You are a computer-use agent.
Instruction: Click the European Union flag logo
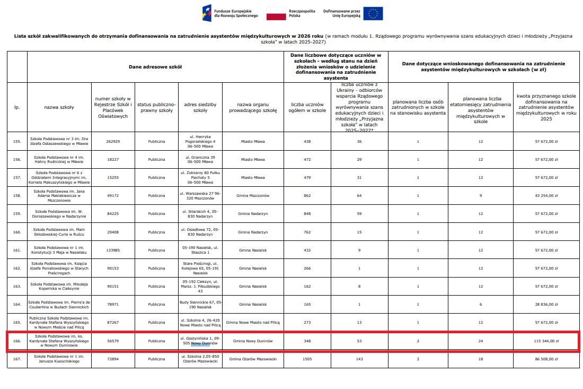pyautogui.click(x=374, y=14)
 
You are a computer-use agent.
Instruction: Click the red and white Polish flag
pyautogui.click(x=276, y=14)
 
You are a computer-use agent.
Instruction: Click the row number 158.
pyautogui.click(x=17, y=196)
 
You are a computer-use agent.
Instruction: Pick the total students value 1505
pyautogui.click(x=308, y=359)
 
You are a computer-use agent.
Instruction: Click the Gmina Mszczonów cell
pyautogui.click(x=253, y=196)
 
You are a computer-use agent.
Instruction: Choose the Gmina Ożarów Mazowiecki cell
pyautogui.click(x=253, y=359)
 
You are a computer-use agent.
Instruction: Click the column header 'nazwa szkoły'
pyautogui.click(x=59, y=107)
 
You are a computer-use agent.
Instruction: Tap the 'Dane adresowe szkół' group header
pyautogui.click(x=155, y=67)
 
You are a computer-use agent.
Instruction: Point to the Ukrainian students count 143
pyautogui.click(x=359, y=359)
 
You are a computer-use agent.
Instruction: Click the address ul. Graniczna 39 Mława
pyautogui.click(x=200, y=160)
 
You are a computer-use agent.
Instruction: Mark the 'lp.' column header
pyautogui.click(x=17, y=107)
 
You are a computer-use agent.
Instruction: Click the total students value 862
pyautogui.click(x=308, y=196)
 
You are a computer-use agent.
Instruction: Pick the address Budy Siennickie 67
pyautogui.click(x=200, y=304)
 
